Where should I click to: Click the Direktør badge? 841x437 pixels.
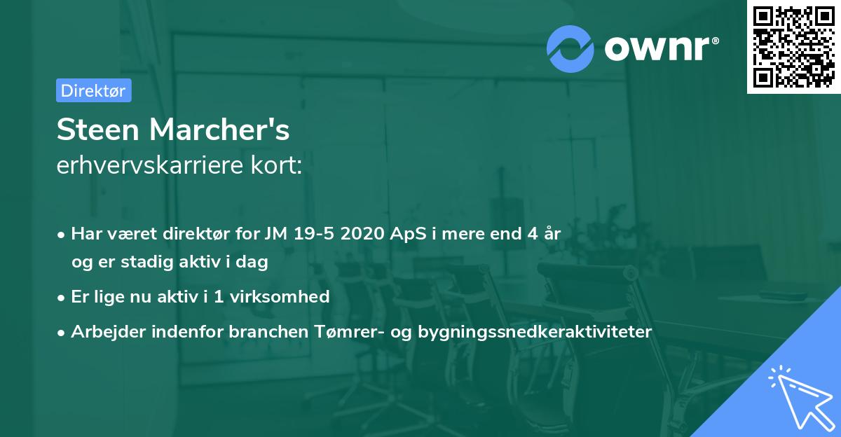[x=93, y=90]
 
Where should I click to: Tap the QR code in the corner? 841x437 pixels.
[x=793, y=47]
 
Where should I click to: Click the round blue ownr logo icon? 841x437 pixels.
[x=570, y=48]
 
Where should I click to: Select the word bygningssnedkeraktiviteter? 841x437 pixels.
[x=535, y=331]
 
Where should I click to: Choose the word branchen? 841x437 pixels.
[x=266, y=331]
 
